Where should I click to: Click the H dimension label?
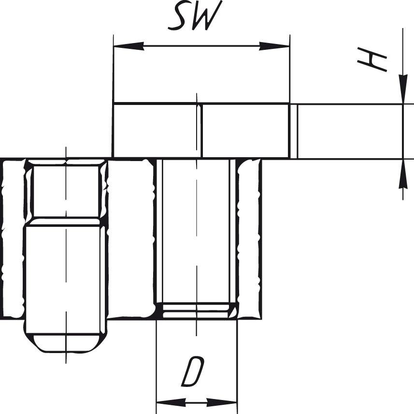pos(372,61)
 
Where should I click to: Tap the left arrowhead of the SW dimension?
pos(128,46)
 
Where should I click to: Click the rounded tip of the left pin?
pos(66,343)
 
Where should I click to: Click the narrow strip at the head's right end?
pos(293,131)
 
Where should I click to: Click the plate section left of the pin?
pos(13,237)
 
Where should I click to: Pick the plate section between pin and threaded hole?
pos(130,237)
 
